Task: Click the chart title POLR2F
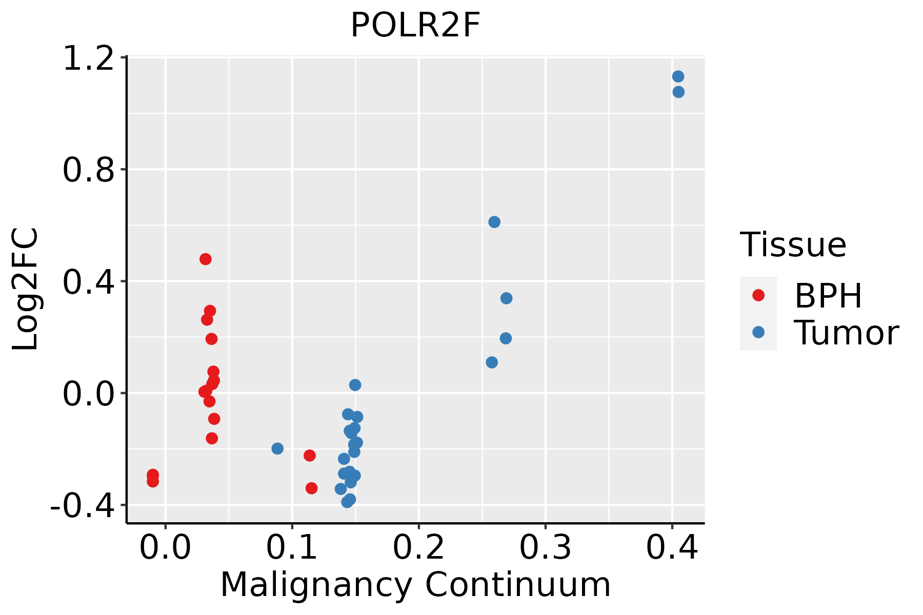(415, 26)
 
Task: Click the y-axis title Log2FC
(26, 289)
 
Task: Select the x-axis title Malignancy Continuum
(415, 585)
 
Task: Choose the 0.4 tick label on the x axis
(672, 548)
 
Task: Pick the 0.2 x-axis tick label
(418, 548)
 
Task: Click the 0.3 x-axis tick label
(545, 548)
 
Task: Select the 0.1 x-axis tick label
(292, 548)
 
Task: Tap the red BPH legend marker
(758, 295)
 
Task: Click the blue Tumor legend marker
(758, 332)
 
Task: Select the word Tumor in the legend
(847, 333)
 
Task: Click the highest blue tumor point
(678, 77)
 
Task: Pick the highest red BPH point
(206, 259)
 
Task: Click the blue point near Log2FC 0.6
(494, 222)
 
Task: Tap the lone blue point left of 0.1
(277, 448)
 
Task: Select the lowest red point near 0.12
(311, 488)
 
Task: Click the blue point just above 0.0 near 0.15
(355, 385)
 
